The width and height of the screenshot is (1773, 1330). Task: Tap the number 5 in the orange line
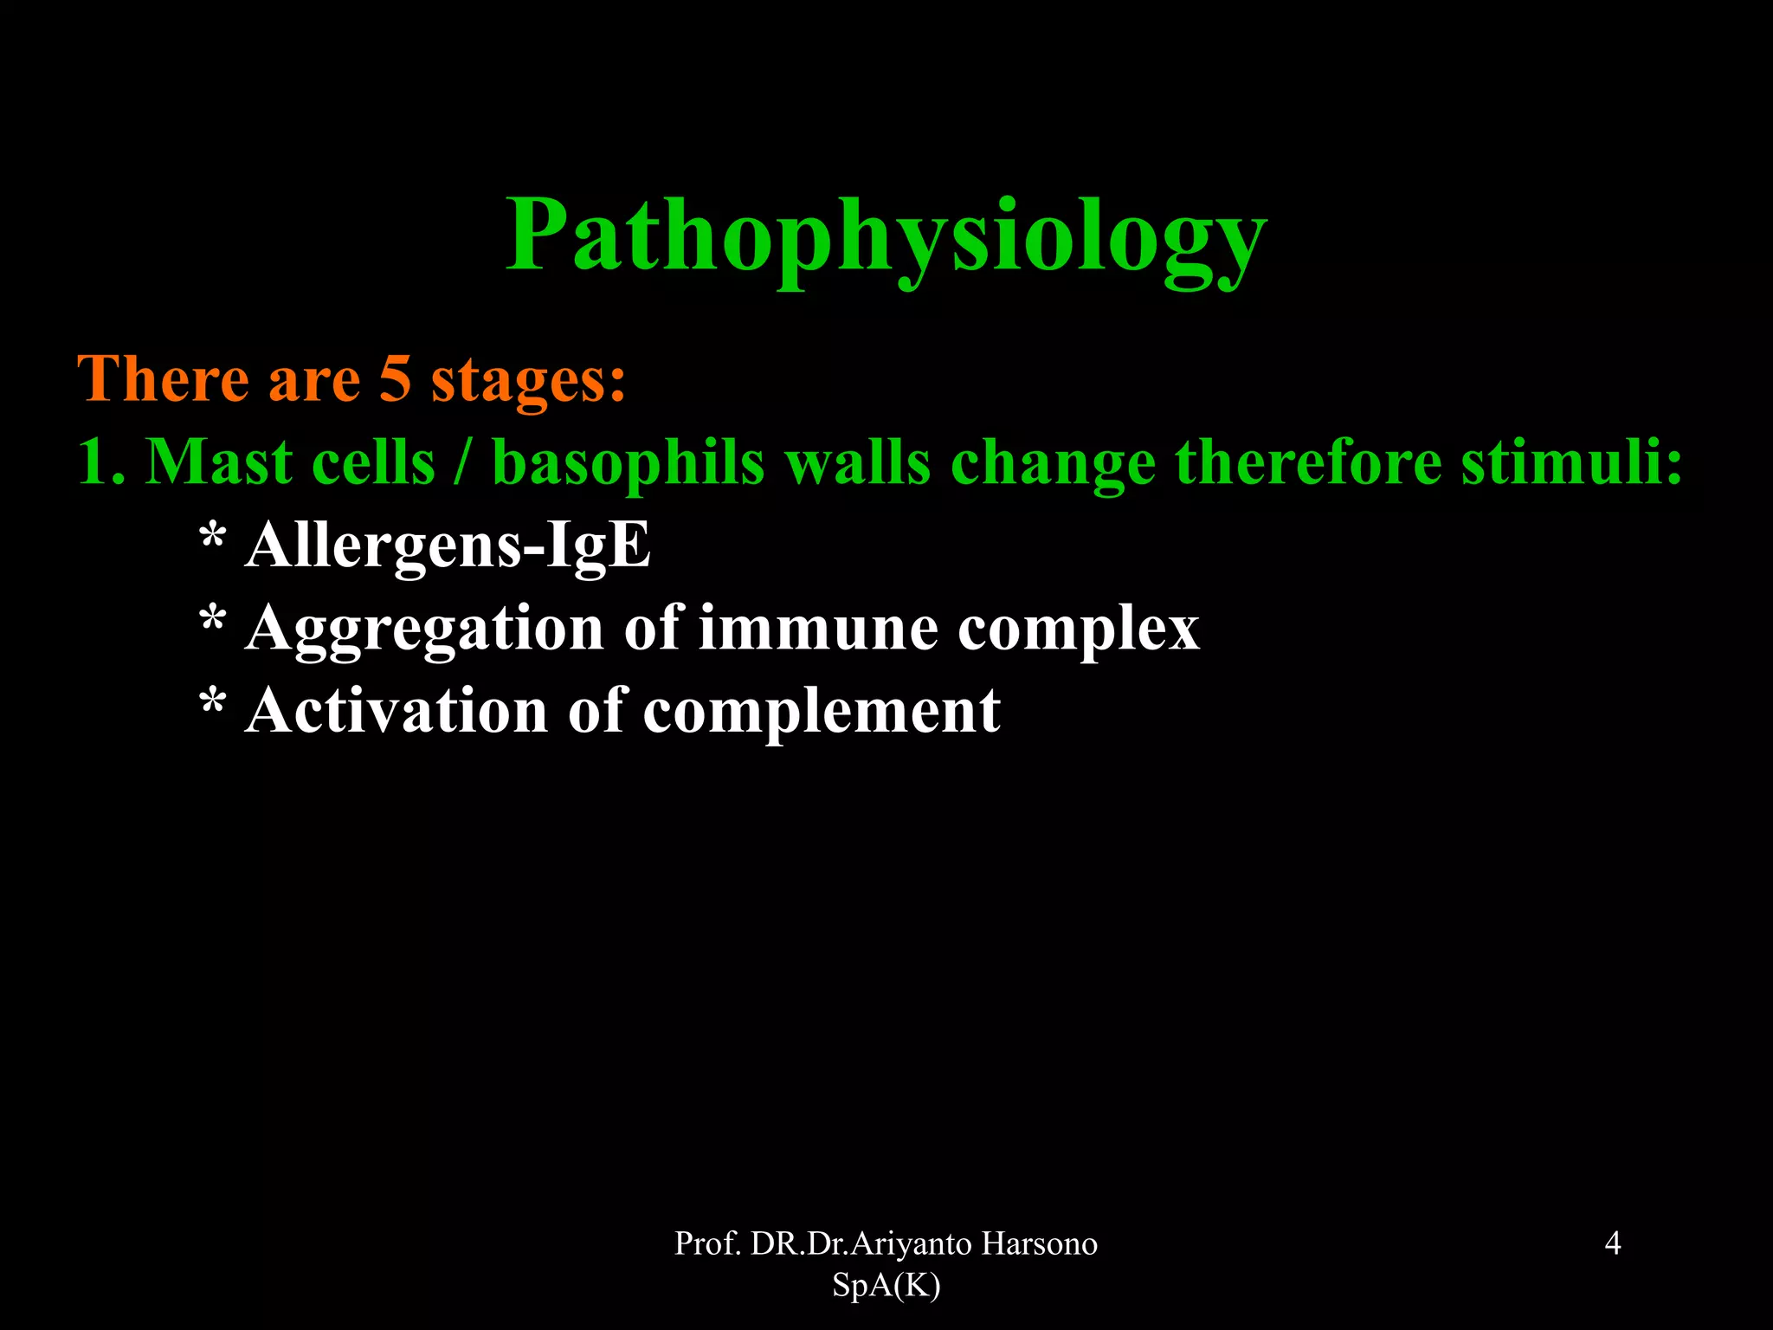[x=395, y=378]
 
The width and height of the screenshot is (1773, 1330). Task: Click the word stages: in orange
[x=528, y=381]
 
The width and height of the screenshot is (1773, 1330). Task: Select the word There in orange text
[x=162, y=378]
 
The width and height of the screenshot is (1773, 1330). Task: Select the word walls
[x=857, y=462]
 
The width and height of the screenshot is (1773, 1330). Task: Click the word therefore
[x=1307, y=462]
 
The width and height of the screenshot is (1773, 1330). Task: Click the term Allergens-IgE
[x=448, y=546]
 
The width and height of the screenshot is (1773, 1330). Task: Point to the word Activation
[x=396, y=711]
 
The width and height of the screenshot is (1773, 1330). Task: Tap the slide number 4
[x=1613, y=1243]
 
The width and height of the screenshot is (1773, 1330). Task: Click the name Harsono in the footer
[x=1039, y=1243]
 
